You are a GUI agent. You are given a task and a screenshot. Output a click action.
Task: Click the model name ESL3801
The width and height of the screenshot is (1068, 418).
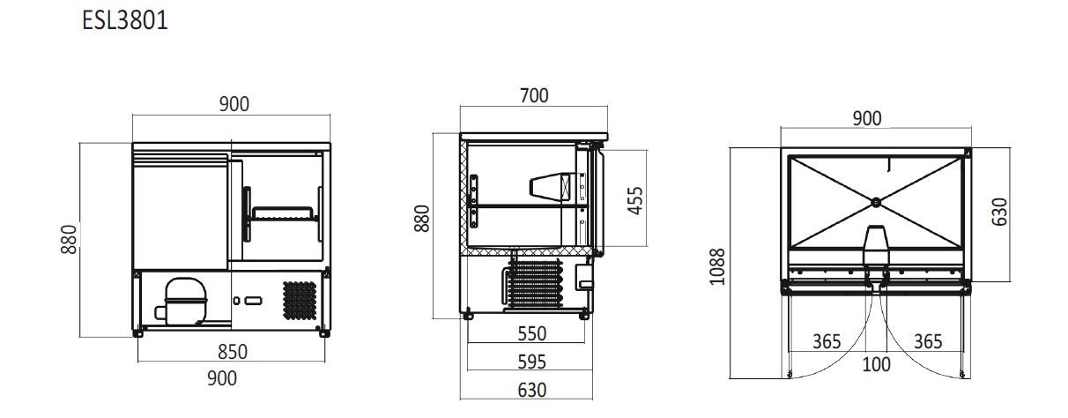coord(124,21)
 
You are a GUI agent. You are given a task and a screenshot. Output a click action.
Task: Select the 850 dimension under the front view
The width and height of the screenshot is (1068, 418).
coord(233,352)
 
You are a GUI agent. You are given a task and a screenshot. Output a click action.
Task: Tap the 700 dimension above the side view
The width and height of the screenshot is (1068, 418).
coord(533,95)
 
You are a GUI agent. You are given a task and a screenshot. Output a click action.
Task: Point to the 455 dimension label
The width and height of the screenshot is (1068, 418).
coord(634,200)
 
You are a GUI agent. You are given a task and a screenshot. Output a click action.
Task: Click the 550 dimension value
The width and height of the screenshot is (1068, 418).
coord(531,334)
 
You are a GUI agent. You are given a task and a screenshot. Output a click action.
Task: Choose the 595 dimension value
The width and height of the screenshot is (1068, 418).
coord(531,362)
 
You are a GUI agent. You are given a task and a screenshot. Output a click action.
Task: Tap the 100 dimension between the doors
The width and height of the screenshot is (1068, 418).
coord(876,364)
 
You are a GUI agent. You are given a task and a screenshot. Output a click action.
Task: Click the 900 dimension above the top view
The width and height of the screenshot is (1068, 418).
coord(867,118)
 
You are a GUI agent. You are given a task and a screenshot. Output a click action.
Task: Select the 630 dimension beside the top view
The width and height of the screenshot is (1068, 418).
coord(999,212)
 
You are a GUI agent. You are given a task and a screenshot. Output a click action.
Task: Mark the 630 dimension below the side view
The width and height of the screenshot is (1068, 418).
coord(531,389)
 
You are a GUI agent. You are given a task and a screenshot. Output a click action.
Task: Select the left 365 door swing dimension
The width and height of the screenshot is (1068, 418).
coord(827,341)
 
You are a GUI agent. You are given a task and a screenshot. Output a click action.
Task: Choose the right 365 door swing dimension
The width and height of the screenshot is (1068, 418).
coord(928,341)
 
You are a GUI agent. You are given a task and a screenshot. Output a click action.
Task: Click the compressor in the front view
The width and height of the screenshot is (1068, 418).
coord(181,299)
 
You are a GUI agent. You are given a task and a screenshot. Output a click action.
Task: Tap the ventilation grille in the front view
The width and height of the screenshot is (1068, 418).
coord(300,300)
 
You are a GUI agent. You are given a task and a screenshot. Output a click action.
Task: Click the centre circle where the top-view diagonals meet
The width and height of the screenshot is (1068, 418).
coord(876,202)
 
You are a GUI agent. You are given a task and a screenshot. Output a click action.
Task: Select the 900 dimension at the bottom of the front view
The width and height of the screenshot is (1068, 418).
coord(221,378)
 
